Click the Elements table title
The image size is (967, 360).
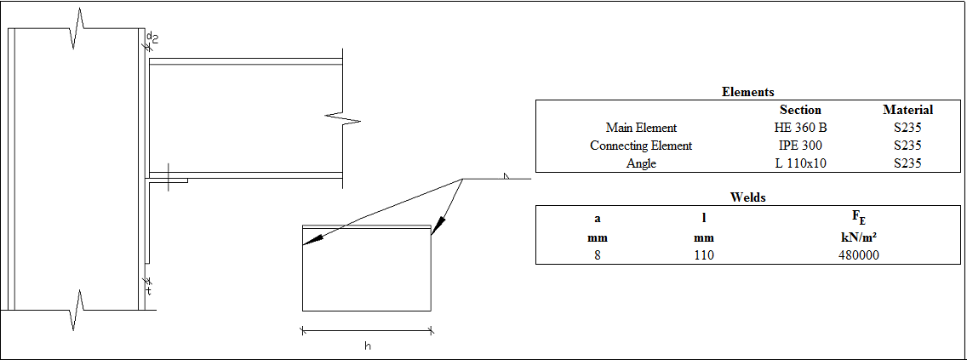[747, 92]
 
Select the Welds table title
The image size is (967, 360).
[747, 197]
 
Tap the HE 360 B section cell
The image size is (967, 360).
[800, 128]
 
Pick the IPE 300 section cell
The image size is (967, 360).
[800, 146]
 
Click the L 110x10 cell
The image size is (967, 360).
[800, 163]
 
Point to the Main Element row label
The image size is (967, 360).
[641, 128]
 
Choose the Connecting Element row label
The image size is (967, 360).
[641, 146]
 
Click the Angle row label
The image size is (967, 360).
[641, 163]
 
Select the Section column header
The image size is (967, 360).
[800, 110]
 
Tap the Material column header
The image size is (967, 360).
[907, 110]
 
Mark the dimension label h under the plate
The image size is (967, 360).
[367, 346]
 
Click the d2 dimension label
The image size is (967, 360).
[152, 37]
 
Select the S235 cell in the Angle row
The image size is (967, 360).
[907, 163]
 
